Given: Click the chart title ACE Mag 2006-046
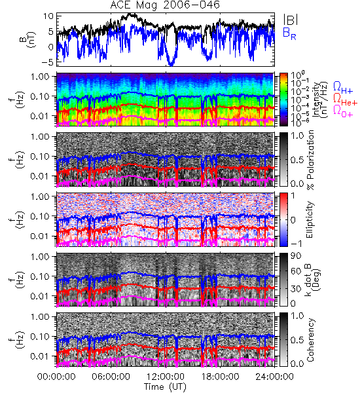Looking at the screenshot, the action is coord(165,5).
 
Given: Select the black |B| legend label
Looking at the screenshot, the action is coord(291,19).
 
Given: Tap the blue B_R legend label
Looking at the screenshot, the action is coord(289,33).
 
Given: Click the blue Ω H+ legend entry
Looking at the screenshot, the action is coord(343,88).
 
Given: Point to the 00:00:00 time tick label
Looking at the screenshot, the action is coord(56,377).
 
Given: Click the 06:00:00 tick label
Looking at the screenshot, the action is coord(111,377).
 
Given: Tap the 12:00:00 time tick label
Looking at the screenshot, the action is coord(166,377).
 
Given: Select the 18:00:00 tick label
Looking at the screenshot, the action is coord(220,377).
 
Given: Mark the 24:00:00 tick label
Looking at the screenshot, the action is coord(274,377).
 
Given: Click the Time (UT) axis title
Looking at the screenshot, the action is coord(165,387).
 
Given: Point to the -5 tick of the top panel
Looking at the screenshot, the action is coord(47,62).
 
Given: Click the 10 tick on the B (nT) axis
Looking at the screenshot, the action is coord(48,16).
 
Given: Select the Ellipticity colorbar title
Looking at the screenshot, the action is coord(310,219).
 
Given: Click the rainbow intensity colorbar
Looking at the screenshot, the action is coord(283,100).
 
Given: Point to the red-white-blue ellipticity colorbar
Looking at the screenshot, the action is coord(283,219).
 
